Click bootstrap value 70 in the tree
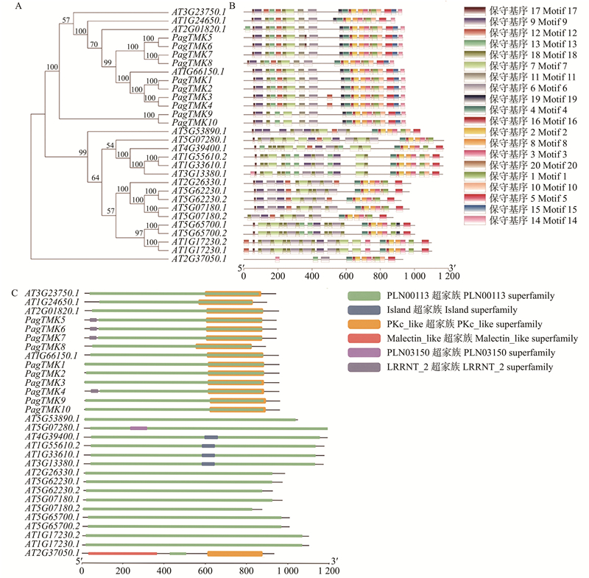point(94,45)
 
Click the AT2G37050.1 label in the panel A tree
point(197,259)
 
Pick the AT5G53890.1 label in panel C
point(52,419)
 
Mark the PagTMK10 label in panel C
point(47,409)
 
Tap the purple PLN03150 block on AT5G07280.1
point(138,428)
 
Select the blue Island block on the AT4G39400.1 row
point(211,437)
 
